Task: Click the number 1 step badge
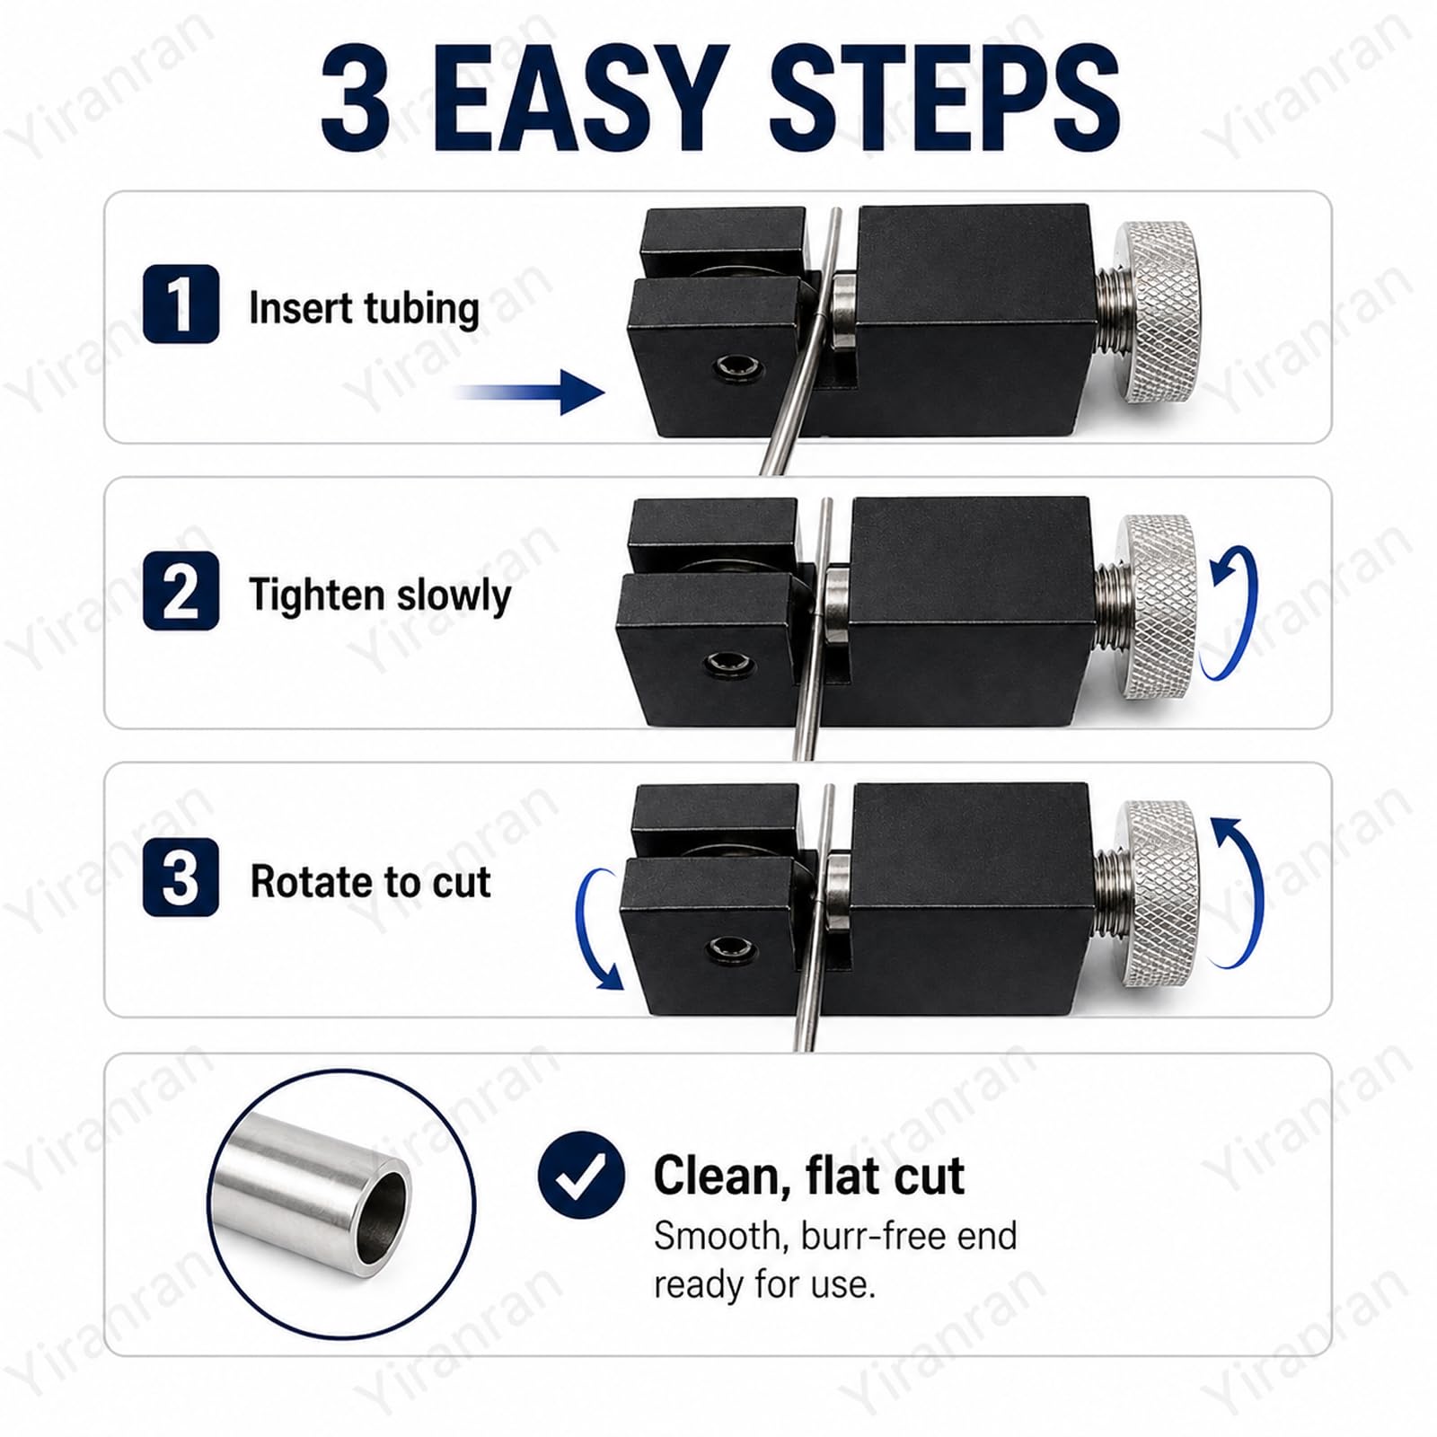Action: (181, 304)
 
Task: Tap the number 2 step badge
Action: (181, 591)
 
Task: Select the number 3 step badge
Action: (181, 877)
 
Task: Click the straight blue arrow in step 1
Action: (530, 392)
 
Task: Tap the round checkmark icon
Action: (581, 1175)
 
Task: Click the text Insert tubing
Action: (364, 308)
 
